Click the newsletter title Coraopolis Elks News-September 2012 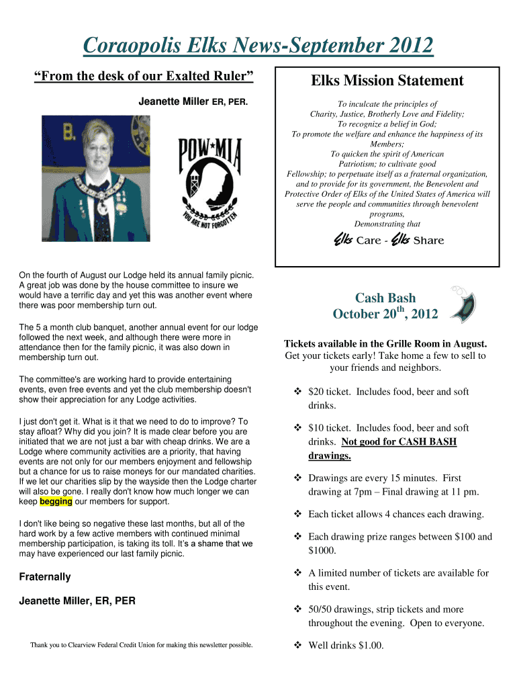pos(258,46)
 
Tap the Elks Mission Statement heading pos(387,81)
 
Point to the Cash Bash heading pos(385,298)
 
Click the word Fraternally pos(45,576)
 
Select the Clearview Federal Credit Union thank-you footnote pos(141,645)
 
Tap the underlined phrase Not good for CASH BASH pos(399,442)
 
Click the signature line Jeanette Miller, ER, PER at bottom pos(77,601)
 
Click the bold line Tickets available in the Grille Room pos(385,343)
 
